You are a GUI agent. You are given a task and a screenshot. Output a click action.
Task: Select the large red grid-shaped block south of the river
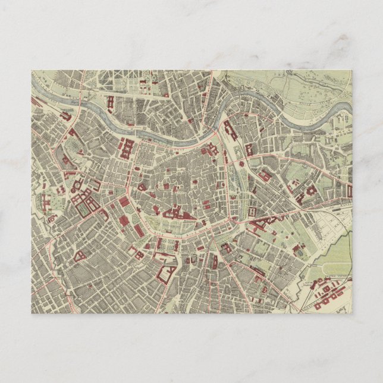[127, 146]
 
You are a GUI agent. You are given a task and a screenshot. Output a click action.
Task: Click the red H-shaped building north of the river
[111, 102]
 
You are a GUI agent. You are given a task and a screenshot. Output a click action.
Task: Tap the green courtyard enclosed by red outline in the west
[87, 209]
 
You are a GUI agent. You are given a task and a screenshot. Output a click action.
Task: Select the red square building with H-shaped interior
[253, 211]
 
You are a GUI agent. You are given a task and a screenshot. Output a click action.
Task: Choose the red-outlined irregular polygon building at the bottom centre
[167, 274]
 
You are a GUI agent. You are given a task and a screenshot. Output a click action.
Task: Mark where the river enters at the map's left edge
[32, 95]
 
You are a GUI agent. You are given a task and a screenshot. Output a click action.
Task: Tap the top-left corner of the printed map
[31, 70]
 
